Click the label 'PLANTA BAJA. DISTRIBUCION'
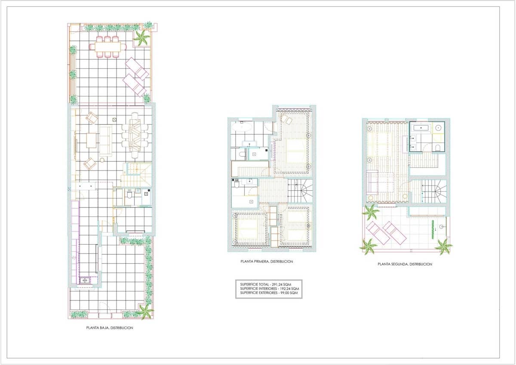point(110,328)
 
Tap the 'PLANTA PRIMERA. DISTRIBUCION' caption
point(267,261)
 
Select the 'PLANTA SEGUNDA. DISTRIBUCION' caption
point(405,264)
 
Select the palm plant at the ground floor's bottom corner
point(145,311)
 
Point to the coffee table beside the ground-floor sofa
point(92,140)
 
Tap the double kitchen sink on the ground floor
point(85,280)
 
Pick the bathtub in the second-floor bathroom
point(420,127)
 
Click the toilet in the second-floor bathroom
point(437,148)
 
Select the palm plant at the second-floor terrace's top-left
point(370,212)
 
